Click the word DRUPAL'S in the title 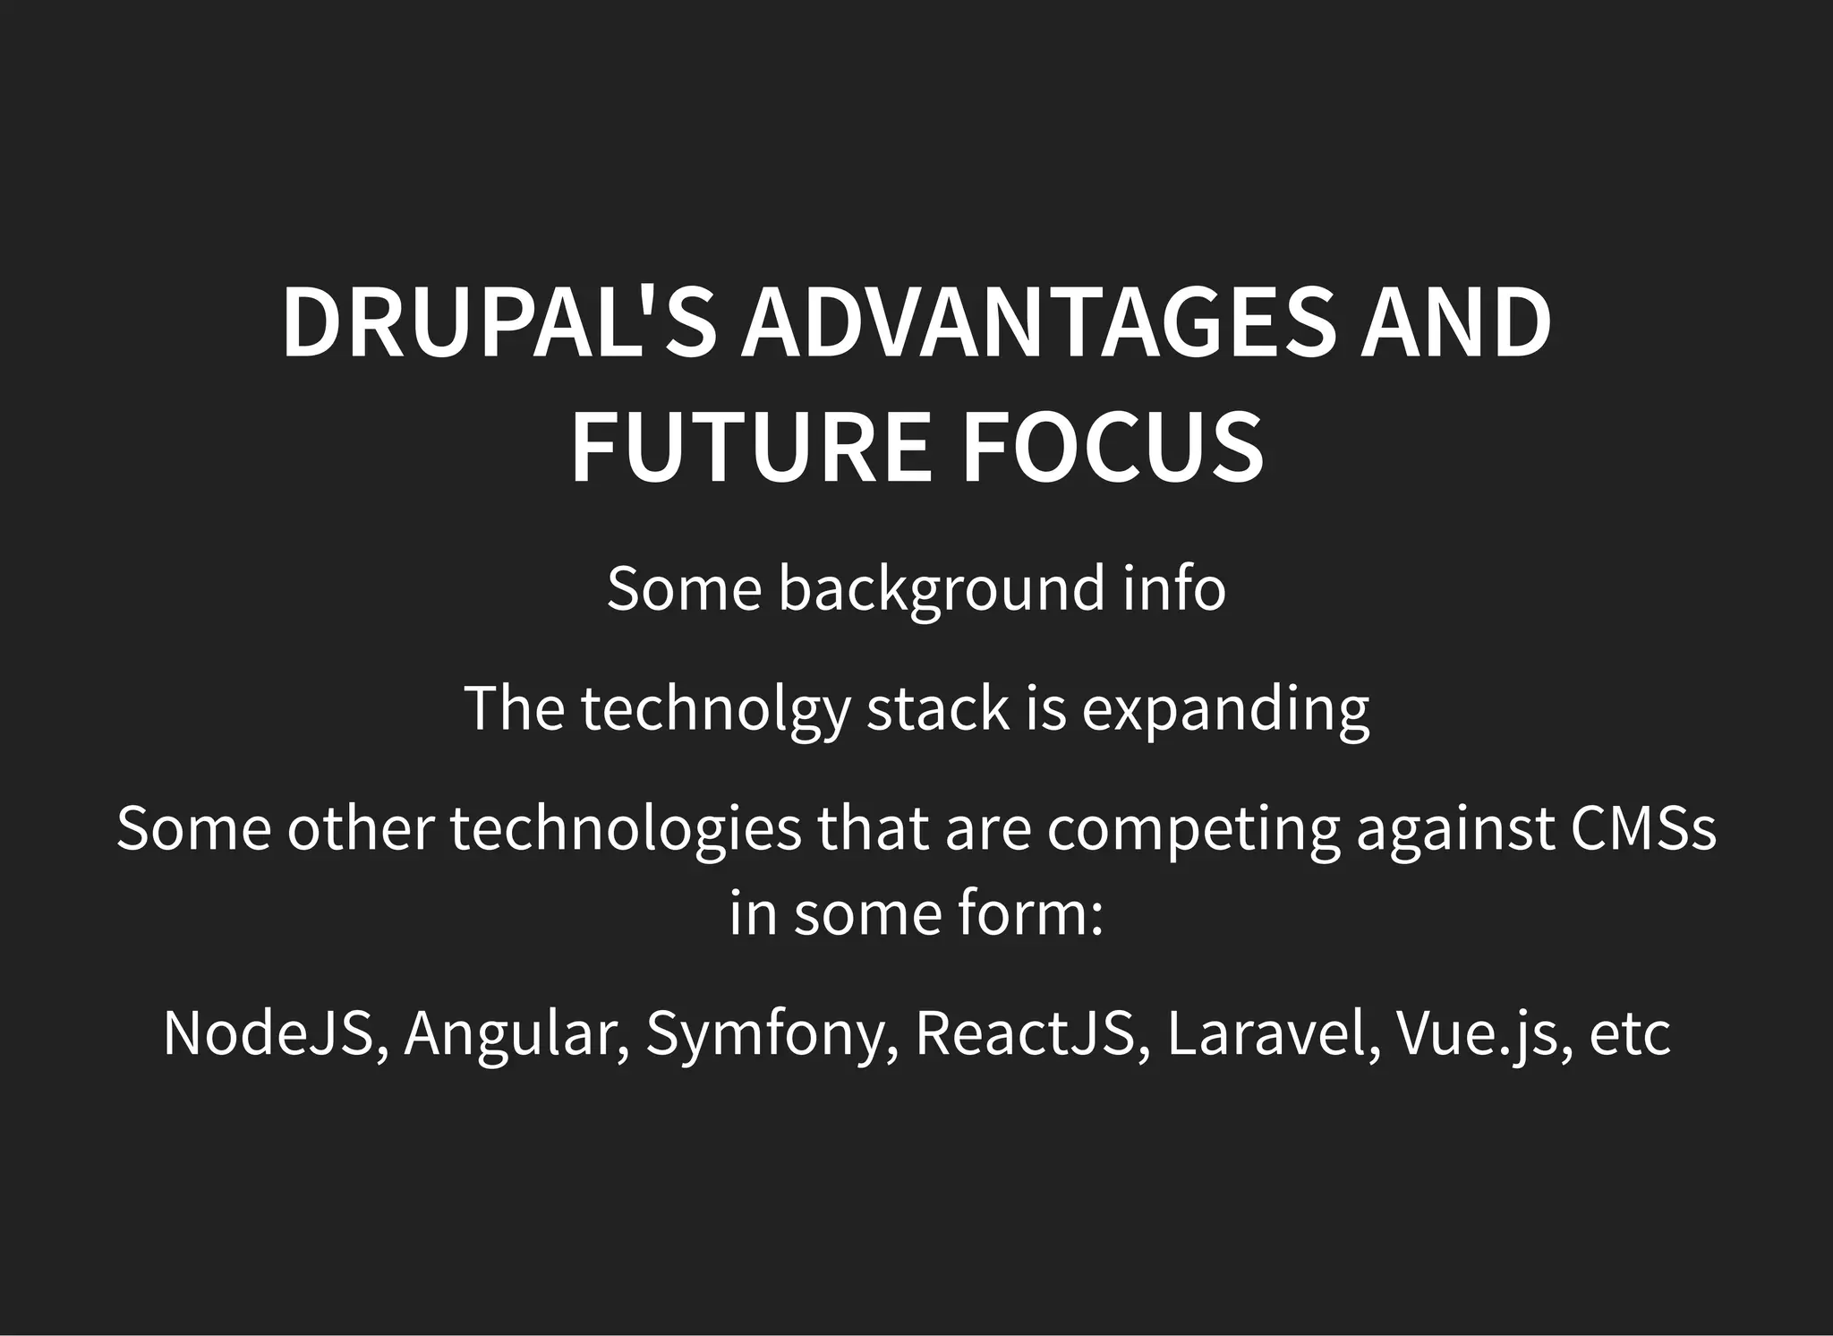pos(499,323)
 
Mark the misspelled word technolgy pos(714,710)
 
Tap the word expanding pos(1225,710)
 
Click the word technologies pos(626,828)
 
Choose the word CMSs pos(1642,828)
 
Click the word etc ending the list pos(1630,1035)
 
